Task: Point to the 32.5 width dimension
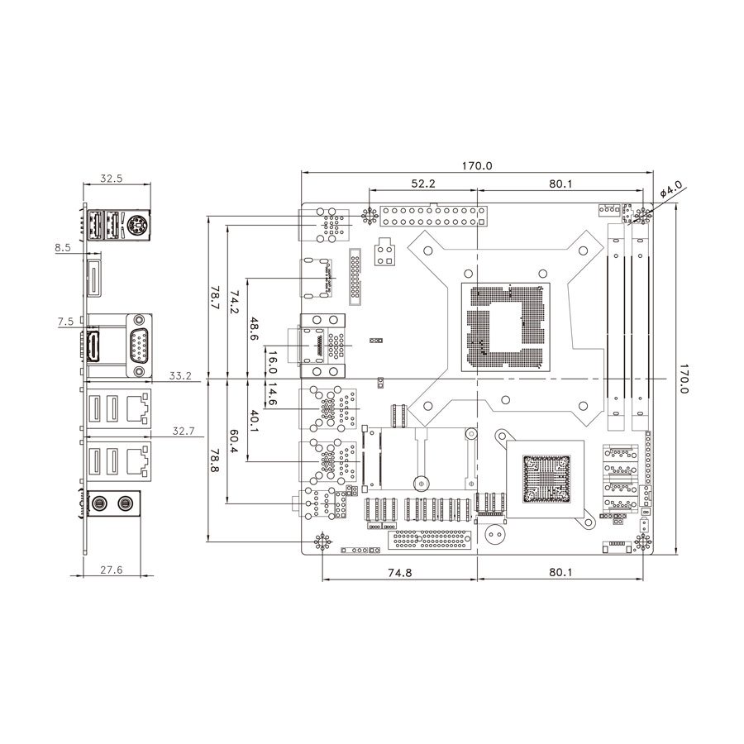[x=112, y=178]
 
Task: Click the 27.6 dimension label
[x=111, y=570]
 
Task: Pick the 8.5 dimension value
[x=63, y=247]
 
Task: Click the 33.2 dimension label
[x=179, y=376]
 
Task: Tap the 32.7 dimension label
[x=184, y=431]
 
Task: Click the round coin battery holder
[x=494, y=534]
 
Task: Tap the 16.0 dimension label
[x=272, y=364]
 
